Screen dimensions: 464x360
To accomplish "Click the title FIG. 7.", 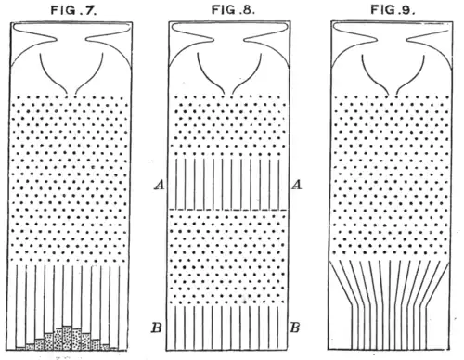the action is click(x=74, y=10).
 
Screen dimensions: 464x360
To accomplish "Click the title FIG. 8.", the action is click(x=233, y=10).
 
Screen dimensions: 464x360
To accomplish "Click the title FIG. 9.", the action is click(x=393, y=10).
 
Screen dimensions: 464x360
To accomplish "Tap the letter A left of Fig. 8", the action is click(x=160, y=185).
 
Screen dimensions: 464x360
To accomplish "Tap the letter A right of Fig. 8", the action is click(x=296, y=185).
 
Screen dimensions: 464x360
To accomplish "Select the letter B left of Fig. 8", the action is click(x=157, y=328).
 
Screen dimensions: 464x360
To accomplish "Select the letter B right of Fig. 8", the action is click(x=295, y=328).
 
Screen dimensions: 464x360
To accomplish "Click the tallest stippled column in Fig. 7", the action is click(x=68, y=338).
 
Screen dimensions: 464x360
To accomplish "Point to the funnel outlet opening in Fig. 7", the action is click(x=71, y=94).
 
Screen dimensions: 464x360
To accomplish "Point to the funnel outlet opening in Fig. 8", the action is click(x=228, y=94).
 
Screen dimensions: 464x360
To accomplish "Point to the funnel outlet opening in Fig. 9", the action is click(x=393, y=94).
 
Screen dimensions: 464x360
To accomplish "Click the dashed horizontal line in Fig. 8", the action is click(x=227, y=210).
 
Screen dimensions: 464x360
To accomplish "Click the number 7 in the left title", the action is click(x=91, y=10).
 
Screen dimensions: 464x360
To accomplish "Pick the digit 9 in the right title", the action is click(x=406, y=10).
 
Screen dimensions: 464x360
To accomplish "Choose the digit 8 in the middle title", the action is click(x=247, y=10).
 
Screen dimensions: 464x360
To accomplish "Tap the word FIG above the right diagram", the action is click(x=381, y=10).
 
